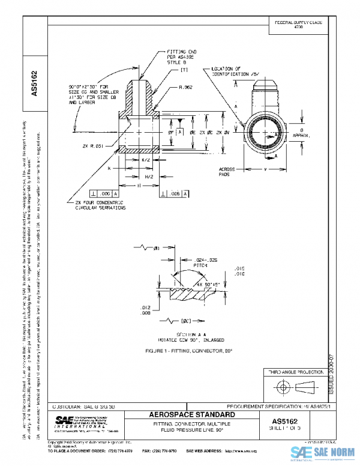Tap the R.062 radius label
185,88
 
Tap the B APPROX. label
305,133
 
